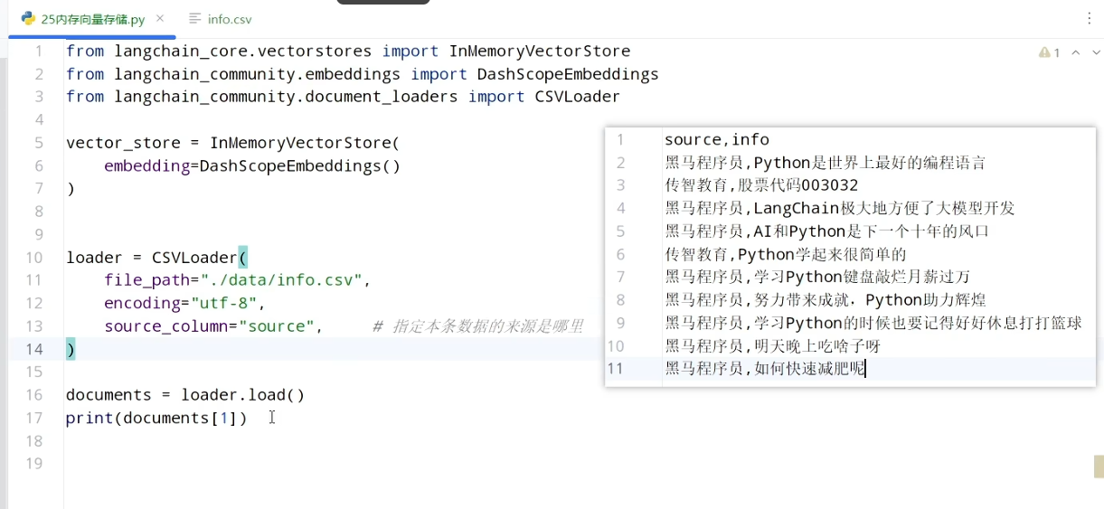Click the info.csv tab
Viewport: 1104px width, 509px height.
[x=221, y=19]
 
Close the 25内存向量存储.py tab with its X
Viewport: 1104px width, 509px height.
[x=160, y=19]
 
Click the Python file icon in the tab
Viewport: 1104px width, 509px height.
[x=28, y=19]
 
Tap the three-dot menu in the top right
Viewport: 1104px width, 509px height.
[x=1089, y=19]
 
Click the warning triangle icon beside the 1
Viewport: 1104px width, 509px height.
[x=1043, y=52]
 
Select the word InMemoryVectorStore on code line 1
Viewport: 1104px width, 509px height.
[x=540, y=51]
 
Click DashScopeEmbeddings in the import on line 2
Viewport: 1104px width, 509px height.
[x=568, y=74]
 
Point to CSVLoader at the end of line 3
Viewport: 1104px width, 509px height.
[x=577, y=97]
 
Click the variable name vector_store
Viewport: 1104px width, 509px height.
[x=123, y=143]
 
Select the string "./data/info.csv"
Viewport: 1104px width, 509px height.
[x=281, y=280]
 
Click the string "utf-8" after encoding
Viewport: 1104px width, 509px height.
[x=223, y=303]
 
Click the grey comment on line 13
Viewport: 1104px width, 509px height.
[x=477, y=326]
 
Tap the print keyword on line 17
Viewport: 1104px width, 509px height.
[x=90, y=418]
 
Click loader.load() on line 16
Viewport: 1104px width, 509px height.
[x=242, y=395]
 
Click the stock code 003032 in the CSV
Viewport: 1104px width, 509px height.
[x=830, y=185]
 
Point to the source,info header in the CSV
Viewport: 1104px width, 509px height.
[x=717, y=140]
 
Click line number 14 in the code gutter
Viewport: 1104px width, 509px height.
[x=34, y=349]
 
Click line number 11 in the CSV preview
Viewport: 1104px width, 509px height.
[x=615, y=369]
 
